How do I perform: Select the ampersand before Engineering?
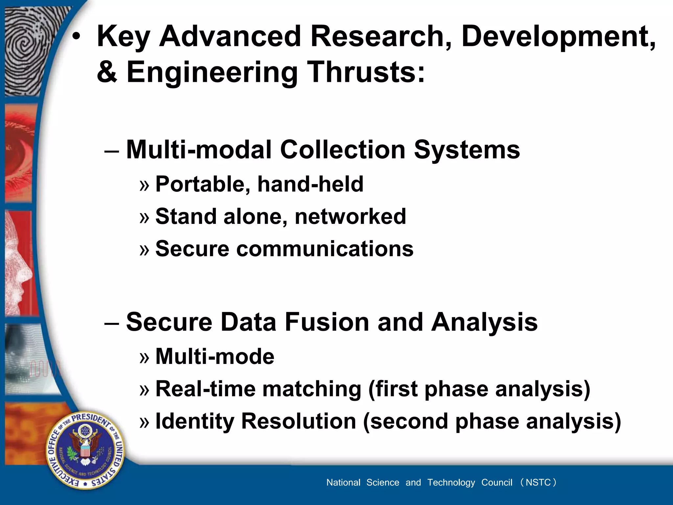pos(107,72)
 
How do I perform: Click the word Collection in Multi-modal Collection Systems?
pos(343,150)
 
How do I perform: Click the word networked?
pos(350,217)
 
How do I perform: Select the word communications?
pos(325,249)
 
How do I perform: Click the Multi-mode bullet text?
pos(215,357)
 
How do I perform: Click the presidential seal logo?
pos(85,450)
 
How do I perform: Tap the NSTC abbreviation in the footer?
pos(538,482)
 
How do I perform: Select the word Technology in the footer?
pos(451,483)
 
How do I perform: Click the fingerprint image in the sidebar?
pos(26,49)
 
